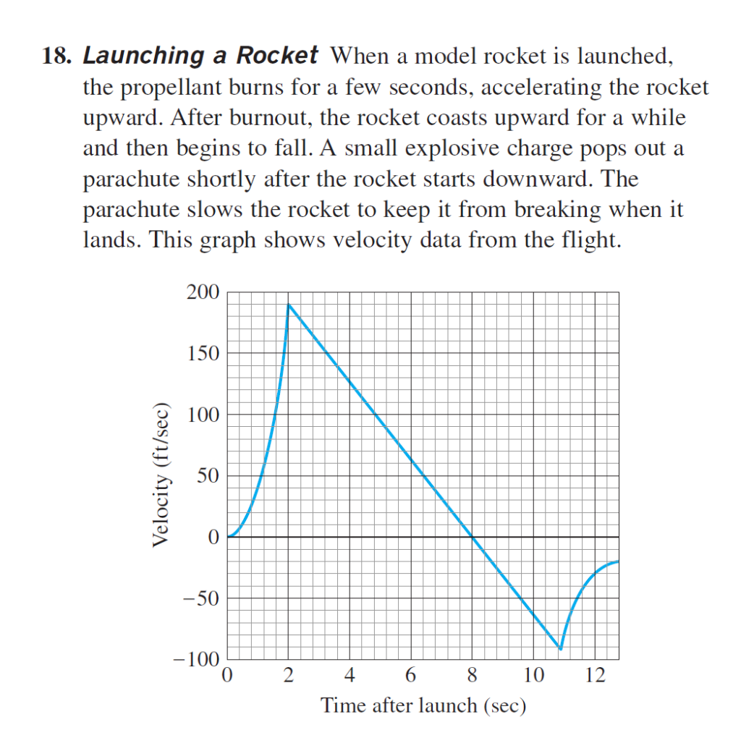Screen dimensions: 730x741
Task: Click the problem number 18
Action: click(x=56, y=56)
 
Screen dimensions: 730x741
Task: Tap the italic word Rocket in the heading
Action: click(x=279, y=56)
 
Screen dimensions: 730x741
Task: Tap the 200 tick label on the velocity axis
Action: click(x=202, y=293)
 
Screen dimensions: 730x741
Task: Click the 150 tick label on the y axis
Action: click(x=202, y=354)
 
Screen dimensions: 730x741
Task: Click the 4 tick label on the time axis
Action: click(x=350, y=677)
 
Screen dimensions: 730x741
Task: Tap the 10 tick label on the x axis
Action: click(x=533, y=677)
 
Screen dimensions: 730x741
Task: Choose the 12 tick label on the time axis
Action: click(x=595, y=677)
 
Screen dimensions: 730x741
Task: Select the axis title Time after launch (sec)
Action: click(x=423, y=705)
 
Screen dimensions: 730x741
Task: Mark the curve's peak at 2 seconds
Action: click(x=289, y=305)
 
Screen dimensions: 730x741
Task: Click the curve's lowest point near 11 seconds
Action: click(x=560, y=648)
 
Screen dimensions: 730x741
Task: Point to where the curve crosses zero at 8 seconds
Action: click(x=473, y=537)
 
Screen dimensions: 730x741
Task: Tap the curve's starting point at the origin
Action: click(x=228, y=537)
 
